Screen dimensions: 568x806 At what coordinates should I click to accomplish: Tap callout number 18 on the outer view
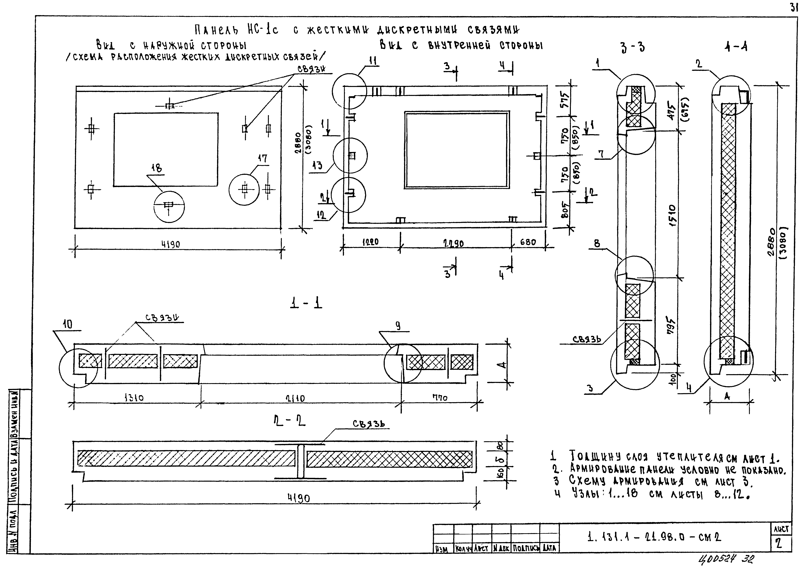tap(157, 169)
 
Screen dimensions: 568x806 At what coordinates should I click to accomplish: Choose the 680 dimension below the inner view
tap(528, 242)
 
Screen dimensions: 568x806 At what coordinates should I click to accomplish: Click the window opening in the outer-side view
tap(166, 149)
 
